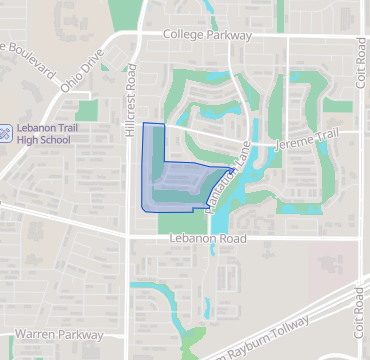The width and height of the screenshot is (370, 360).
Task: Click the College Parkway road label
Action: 208,34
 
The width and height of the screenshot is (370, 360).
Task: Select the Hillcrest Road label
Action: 131,91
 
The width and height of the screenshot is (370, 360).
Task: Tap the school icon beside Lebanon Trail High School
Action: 6,130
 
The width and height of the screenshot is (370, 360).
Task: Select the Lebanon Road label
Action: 206,239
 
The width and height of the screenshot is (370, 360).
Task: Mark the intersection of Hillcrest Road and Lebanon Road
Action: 129,238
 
